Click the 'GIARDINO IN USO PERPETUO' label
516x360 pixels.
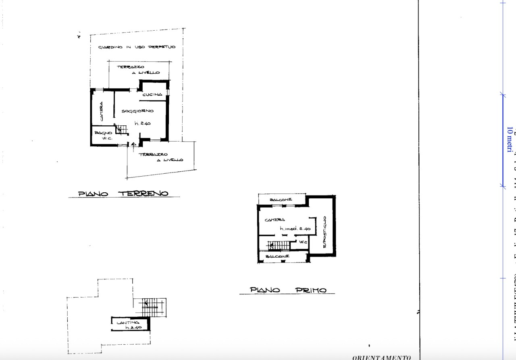137,48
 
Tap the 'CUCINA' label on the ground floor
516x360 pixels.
152,94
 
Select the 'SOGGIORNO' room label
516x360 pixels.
137,111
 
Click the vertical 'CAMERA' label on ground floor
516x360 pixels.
101,111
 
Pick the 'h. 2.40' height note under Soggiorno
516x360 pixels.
142,124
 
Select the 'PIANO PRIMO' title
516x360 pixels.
288,290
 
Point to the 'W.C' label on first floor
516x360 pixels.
303,242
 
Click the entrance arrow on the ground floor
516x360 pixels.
134,144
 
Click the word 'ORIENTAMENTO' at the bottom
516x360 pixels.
381,357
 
